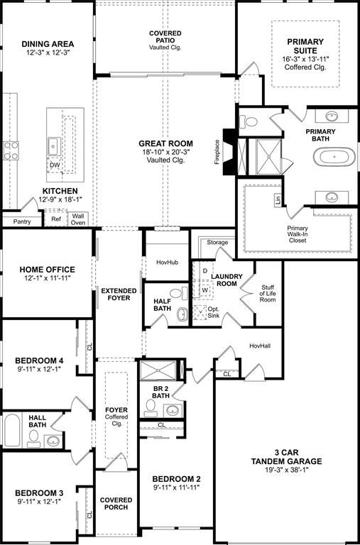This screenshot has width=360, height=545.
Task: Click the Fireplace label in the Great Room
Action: [x=217, y=151]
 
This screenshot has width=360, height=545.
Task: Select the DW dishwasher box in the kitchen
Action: [x=55, y=165]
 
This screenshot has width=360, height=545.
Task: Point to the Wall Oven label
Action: [x=78, y=219]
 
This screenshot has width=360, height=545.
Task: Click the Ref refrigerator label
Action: [x=57, y=220]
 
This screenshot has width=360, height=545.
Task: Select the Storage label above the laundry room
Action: [x=217, y=243]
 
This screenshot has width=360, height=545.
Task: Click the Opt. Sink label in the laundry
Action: [x=213, y=314]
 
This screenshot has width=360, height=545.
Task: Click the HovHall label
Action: [x=261, y=346]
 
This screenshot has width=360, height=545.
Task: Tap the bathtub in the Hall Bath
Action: [x=12, y=430]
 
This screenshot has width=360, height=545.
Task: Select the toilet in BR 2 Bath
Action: [x=151, y=407]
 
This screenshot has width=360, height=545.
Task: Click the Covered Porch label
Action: [x=116, y=504]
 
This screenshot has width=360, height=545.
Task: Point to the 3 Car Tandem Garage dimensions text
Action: [x=286, y=470]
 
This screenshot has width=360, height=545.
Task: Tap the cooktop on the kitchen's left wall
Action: [x=11, y=150]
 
